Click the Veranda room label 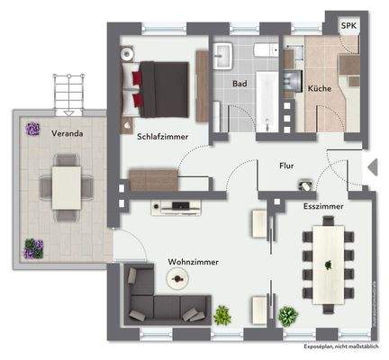(x=68, y=134)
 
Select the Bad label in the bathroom (x=240, y=85)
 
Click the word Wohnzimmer (x=193, y=263)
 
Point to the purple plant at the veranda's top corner (x=33, y=129)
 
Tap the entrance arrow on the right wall (x=369, y=164)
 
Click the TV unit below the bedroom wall (x=180, y=205)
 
